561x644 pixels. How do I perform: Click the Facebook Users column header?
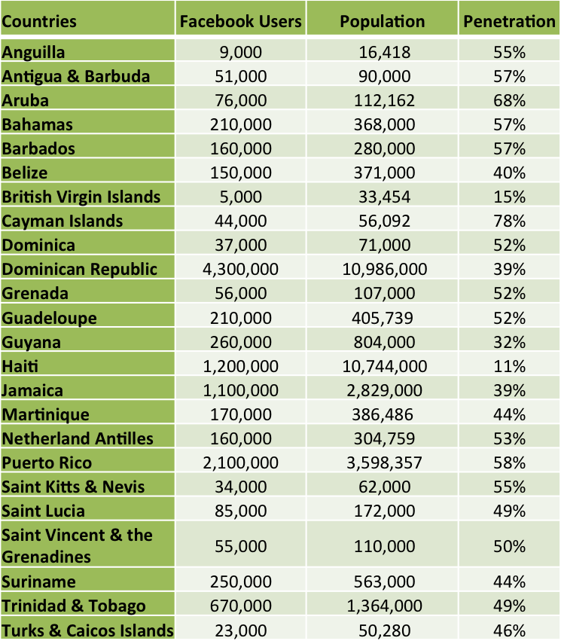(241, 21)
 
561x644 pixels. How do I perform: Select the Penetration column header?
(509, 21)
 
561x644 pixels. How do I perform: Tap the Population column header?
(383, 21)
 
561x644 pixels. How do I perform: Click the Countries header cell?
(39, 21)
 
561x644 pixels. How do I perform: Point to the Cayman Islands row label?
(63, 221)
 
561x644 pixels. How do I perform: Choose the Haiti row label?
(20, 366)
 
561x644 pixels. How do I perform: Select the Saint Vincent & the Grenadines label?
(78, 546)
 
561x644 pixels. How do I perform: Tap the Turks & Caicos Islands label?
(88, 630)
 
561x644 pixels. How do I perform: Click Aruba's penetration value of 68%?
(509, 100)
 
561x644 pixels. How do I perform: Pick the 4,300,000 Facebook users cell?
(241, 269)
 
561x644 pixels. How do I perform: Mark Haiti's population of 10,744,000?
(383, 366)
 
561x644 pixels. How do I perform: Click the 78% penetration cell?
(509, 221)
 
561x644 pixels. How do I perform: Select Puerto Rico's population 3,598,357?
(383, 462)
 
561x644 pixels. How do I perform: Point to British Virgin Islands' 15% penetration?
(509, 197)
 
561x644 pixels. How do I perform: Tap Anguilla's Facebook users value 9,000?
(241, 52)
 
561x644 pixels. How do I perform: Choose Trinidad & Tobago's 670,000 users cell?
(241, 606)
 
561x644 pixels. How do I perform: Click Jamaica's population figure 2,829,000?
(383, 390)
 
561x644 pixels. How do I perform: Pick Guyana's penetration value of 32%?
(509, 342)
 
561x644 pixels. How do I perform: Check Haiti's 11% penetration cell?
(509, 366)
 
